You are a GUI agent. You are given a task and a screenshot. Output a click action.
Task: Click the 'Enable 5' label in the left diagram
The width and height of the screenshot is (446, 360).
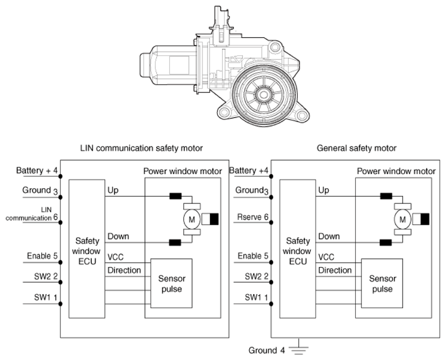click(x=42, y=256)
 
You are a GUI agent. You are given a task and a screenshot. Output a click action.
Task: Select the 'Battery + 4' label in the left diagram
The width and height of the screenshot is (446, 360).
click(x=36, y=171)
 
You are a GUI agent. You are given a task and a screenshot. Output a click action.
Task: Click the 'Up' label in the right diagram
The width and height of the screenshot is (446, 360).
click(x=323, y=190)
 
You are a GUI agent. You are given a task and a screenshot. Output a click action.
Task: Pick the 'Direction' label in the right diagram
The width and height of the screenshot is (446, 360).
click(x=335, y=270)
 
